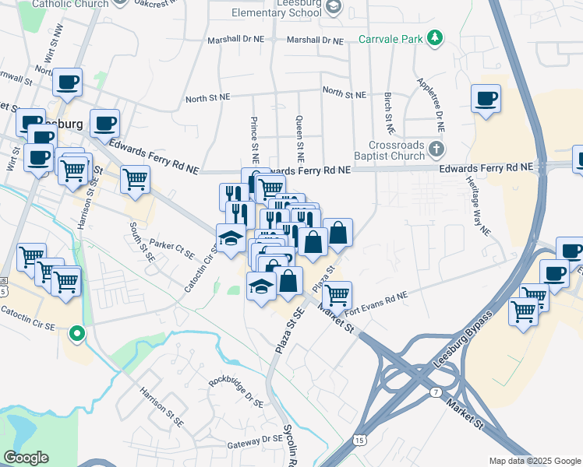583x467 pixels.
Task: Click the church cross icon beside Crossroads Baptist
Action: (x=437, y=148)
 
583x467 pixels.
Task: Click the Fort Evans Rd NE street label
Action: (x=375, y=297)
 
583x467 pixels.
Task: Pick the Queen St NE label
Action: (x=299, y=134)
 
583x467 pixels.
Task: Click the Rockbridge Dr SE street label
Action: (x=236, y=390)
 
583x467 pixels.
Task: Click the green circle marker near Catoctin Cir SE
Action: (x=76, y=334)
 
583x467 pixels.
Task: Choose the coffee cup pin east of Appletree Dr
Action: (x=486, y=99)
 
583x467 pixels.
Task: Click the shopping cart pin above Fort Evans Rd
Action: (x=337, y=295)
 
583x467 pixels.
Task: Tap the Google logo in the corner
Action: (x=26, y=458)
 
